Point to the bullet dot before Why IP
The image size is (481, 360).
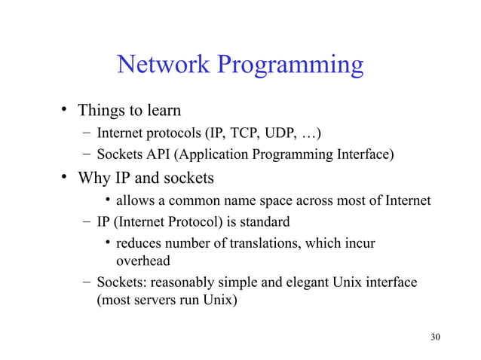[66, 178]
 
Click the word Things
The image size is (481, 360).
[105, 111]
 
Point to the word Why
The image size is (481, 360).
[97, 179]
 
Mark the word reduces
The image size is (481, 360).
[140, 244]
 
